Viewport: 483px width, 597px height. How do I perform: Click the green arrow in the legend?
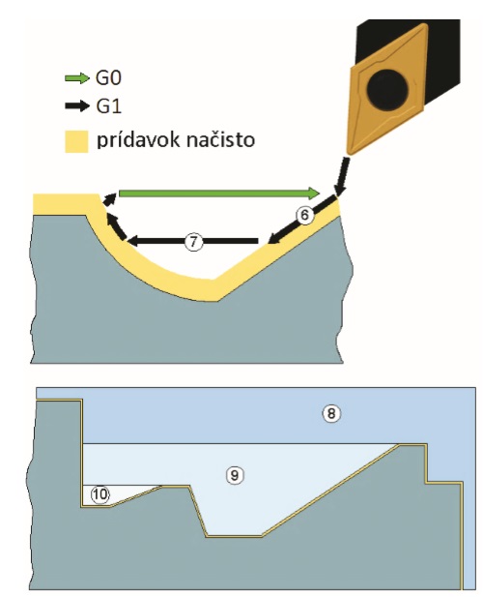[76, 78]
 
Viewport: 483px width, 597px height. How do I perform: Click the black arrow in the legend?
[76, 105]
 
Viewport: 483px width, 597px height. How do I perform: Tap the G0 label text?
[108, 78]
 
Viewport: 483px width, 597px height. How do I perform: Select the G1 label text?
[108, 105]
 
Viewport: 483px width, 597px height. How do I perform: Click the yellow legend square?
[76, 141]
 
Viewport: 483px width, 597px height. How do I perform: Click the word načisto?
[221, 140]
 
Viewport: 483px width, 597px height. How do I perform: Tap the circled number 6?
[304, 215]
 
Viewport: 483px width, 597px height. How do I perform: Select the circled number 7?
[193, 241]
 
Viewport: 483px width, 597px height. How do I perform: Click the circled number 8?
[331, 413]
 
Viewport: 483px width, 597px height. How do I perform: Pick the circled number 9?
[235, 475]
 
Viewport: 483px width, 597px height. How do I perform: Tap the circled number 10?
[99, 494]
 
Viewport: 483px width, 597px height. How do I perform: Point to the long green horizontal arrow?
[219, 194]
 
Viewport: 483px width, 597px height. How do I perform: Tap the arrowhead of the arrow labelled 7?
[134, 241]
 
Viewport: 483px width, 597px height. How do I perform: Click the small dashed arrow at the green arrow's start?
[110, 198]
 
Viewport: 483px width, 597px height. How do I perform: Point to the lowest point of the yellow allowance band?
[217, 300]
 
